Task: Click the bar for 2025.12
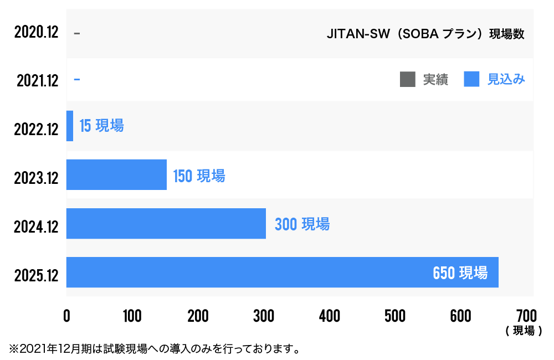[282, 272]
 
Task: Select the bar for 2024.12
[166, 223]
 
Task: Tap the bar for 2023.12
[116, 174]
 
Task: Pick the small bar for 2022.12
[70, 126]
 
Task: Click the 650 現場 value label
[460, 272]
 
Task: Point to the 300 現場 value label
[302, 224]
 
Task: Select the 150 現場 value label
[199, 176]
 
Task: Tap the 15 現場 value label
[101, 126]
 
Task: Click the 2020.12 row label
[37, 32]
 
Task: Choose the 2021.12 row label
[37, 81]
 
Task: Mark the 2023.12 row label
[37, 178]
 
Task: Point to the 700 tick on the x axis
[526, 316]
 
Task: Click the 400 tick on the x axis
[329, 316]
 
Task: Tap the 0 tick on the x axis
[66, 316]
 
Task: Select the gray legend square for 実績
[407, 80]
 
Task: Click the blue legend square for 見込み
[471, 80]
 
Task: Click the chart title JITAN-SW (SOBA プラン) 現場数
[425, 34]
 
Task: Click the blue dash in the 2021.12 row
[76, 80]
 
